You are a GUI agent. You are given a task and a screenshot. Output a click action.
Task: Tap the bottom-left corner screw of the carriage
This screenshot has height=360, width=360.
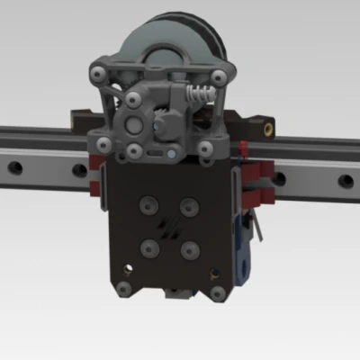122,289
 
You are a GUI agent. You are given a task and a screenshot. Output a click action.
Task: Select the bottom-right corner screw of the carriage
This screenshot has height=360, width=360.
217,290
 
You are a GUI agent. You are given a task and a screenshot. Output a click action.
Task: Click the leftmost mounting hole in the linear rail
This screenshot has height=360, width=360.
13,166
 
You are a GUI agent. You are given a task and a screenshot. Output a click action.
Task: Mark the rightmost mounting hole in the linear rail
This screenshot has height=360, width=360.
346,181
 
